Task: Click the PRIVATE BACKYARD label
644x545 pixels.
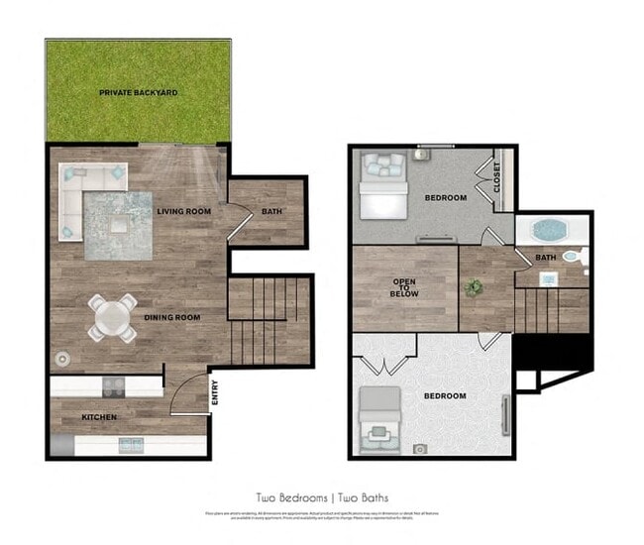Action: click(x=138, y=92)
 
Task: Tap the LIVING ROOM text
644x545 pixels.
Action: click(x=183, y=211)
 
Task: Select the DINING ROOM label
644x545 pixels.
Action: click(x=172, y=317)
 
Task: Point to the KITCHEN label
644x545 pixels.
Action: click(x=99, y=417)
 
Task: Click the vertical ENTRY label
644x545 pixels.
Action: click(x=215, y=395)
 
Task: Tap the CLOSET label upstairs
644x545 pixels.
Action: click(x=496, y=179)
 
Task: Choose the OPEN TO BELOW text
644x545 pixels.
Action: click(x=404, y=287)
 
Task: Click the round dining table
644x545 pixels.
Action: click(x=111, y=318)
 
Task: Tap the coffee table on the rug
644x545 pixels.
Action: click(x=119, y=225)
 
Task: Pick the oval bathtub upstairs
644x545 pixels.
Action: click(x=551, y=231)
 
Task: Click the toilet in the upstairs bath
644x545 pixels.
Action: click(x=572, y=256)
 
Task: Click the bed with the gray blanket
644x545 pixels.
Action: click(x=379, y=415)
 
